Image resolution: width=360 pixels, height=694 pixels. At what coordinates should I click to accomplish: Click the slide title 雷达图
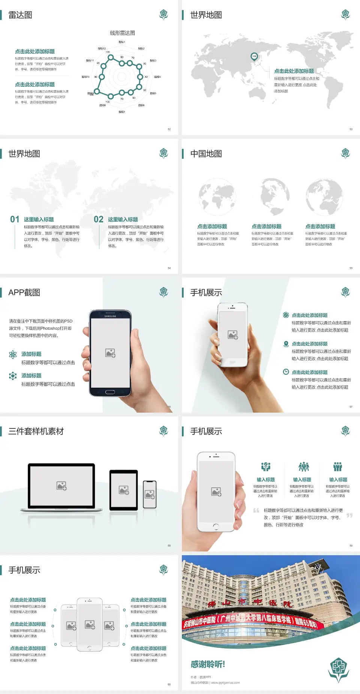tap(20, 15)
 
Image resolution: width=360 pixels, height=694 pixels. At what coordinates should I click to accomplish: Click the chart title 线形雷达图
tap(122, 33)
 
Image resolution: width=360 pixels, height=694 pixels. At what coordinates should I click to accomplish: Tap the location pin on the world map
tap(254, 57)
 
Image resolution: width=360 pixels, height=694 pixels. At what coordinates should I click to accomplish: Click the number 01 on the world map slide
tap(15, 219)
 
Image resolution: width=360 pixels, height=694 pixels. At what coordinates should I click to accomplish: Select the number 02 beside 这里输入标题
tap(99, 219)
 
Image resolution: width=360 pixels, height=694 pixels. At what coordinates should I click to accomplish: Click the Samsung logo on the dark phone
tap(110, 316)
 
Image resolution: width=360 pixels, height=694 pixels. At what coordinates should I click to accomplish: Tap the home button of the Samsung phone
tap(110, 392)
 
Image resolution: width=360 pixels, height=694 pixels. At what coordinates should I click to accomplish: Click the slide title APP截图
tap(24, 293)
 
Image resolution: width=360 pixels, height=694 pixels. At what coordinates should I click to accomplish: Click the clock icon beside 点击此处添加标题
tap(286, 372)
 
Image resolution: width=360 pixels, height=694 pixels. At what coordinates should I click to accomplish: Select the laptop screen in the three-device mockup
tap(61, 485)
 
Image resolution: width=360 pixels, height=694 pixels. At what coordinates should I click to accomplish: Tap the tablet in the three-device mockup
tap(124, 490)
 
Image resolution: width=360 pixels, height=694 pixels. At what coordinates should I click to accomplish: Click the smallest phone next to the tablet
tap(150, 494)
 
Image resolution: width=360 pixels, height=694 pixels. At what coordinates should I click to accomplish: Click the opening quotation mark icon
tap(256, 511)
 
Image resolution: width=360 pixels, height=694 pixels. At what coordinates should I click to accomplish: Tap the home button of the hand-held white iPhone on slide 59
tap(216, 526)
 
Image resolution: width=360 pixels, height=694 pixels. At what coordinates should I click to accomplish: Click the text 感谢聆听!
tap(208, 664)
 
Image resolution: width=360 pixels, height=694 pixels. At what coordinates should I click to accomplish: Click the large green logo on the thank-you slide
tap(339, 669)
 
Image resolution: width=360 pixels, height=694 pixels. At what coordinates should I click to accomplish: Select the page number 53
tap(351, 129)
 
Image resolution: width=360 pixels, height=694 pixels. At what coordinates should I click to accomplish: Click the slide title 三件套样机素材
tap(36, 431)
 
